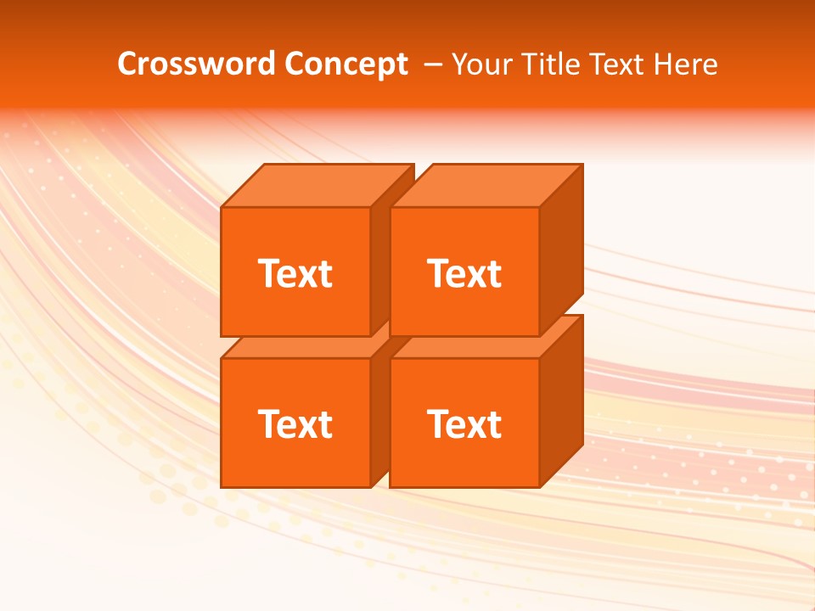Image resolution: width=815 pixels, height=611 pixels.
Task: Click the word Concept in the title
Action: (346, 64)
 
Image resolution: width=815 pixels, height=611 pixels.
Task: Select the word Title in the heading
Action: (551, 64)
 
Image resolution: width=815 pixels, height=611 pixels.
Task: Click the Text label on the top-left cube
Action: (295, 273)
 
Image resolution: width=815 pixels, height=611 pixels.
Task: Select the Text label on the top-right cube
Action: (464, 273)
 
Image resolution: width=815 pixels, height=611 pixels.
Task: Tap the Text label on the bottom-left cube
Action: (295, 423)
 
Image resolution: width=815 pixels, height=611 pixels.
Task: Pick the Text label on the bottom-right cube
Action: (464, 423)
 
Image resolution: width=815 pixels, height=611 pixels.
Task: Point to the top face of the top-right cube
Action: (486, 186)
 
